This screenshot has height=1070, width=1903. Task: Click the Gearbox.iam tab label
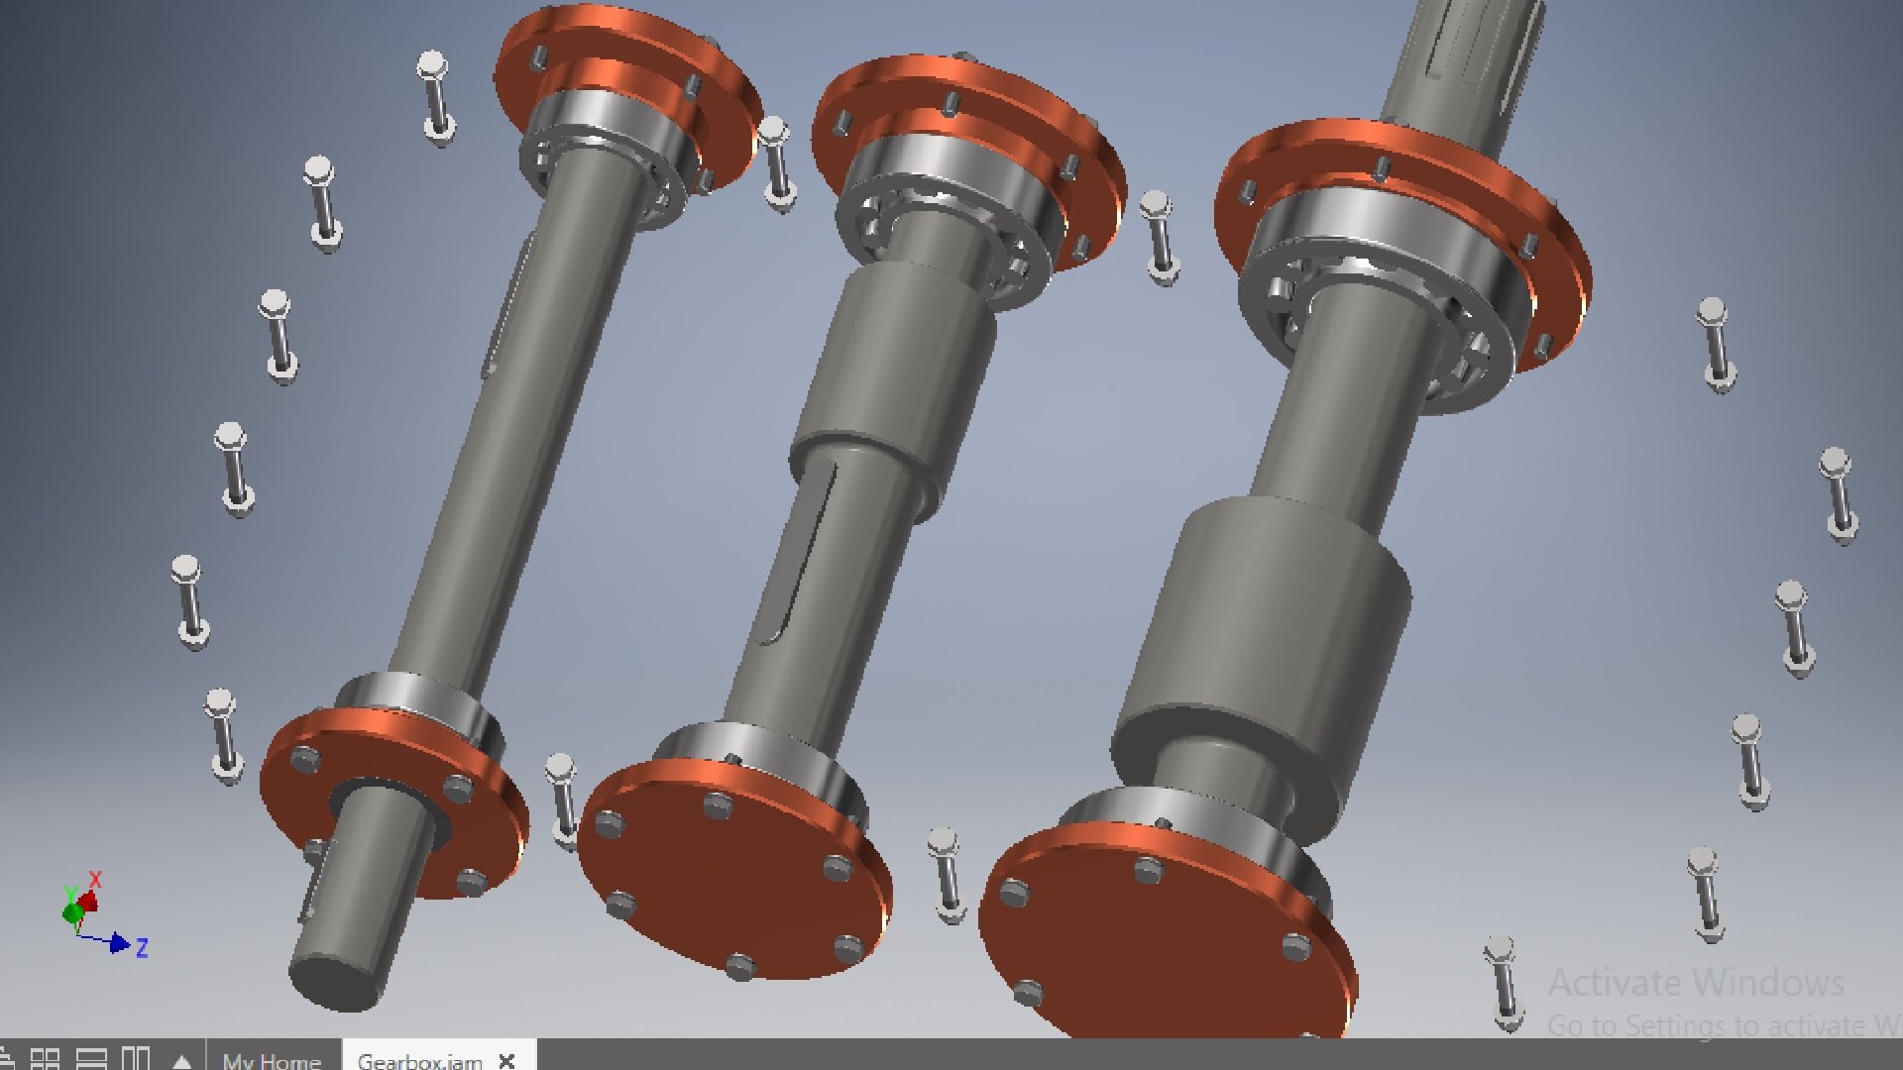click(x=419, y=1060)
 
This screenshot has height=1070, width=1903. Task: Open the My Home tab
click(x=272, y=1060)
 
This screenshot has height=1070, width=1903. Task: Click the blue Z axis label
click(x=142, y=948)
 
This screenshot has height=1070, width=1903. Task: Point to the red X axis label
click(x=95, y=879)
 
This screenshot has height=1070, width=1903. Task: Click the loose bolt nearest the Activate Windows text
click(x=1505, y=981)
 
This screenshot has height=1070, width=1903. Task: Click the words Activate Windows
click(x=1695, y=983)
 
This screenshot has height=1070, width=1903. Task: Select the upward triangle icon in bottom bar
click(x=181, y=1060)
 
